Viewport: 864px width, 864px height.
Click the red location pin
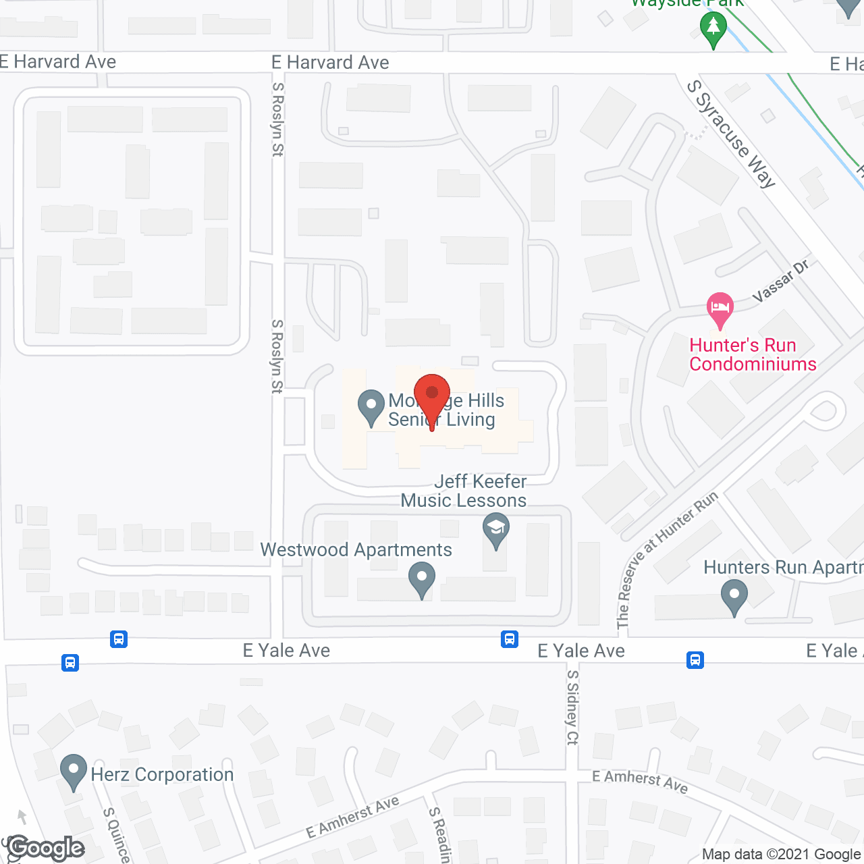click(432, 397)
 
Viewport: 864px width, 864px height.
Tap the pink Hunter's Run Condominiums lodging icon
click(720, 309)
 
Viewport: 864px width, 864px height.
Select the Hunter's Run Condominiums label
click(753, 355)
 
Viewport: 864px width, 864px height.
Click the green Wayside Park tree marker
click(713, 30)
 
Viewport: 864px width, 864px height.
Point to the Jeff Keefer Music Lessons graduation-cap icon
click(496, 530)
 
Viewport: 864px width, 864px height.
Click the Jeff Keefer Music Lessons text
click(464, 491)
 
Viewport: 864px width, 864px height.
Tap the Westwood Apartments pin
click(422, 578)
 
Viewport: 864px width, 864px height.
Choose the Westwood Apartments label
click(356, 550)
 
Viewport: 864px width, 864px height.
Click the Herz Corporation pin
click(73, 771)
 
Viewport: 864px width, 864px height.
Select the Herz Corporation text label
click(162, 774)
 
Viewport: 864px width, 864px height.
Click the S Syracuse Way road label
click(731, 134)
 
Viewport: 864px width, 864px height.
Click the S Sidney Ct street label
click(572, 707)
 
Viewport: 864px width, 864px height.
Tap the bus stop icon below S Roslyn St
click(119, 639)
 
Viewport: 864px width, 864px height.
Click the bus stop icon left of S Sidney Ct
click(510, 639)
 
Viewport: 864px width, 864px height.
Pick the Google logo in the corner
click(46, 848)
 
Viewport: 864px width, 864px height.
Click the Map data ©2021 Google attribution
click(782, 855)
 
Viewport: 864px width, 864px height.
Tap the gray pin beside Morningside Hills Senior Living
click(371, 406)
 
